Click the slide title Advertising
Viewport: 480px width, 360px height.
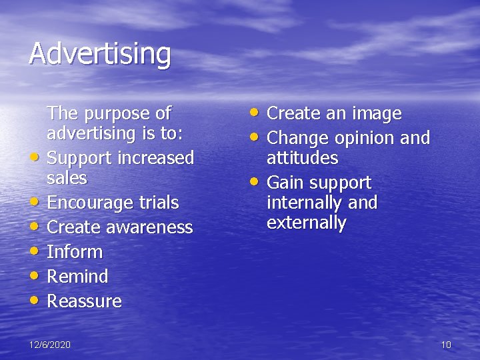click(99, 54)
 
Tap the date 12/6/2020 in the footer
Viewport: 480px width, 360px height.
click(50, 345)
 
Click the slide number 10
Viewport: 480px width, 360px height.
click(446, 345)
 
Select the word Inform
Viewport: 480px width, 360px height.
click(75, 252)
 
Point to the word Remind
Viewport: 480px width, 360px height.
click(77, 277)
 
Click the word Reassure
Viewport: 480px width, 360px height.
click(84, 301)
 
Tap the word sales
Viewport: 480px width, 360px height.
click(67, 178)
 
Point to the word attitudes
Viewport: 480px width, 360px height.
click(302, 158)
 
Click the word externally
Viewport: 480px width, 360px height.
click(306, 223)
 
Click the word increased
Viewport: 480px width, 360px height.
click(155, 158)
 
